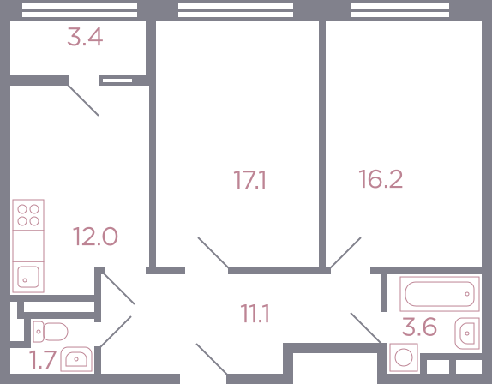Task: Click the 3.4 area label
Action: click(85, 37)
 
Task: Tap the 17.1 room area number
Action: click(249, 180)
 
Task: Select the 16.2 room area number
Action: click(381, 179)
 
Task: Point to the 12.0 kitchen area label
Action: click(95, 237)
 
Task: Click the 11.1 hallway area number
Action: click(255, 314)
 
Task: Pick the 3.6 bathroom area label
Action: click(419, 327)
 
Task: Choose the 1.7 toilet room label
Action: click(43, 359)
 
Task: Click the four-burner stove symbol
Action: click(28, 215)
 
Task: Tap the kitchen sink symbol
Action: click(28, 277)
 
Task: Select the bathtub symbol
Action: click(440, 294)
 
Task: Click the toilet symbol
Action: click(51, 332)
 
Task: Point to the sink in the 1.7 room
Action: click(76, 359)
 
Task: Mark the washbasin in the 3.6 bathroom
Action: click(467, 333)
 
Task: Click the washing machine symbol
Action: click(404, 357)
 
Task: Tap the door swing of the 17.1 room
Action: click(213, 253)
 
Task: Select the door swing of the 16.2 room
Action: click(345, 253)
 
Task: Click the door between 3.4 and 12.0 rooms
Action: click(83, 100)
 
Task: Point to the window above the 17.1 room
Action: click(236, 10)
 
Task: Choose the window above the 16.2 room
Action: click(400, 10)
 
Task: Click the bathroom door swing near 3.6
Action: click(366, 327)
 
